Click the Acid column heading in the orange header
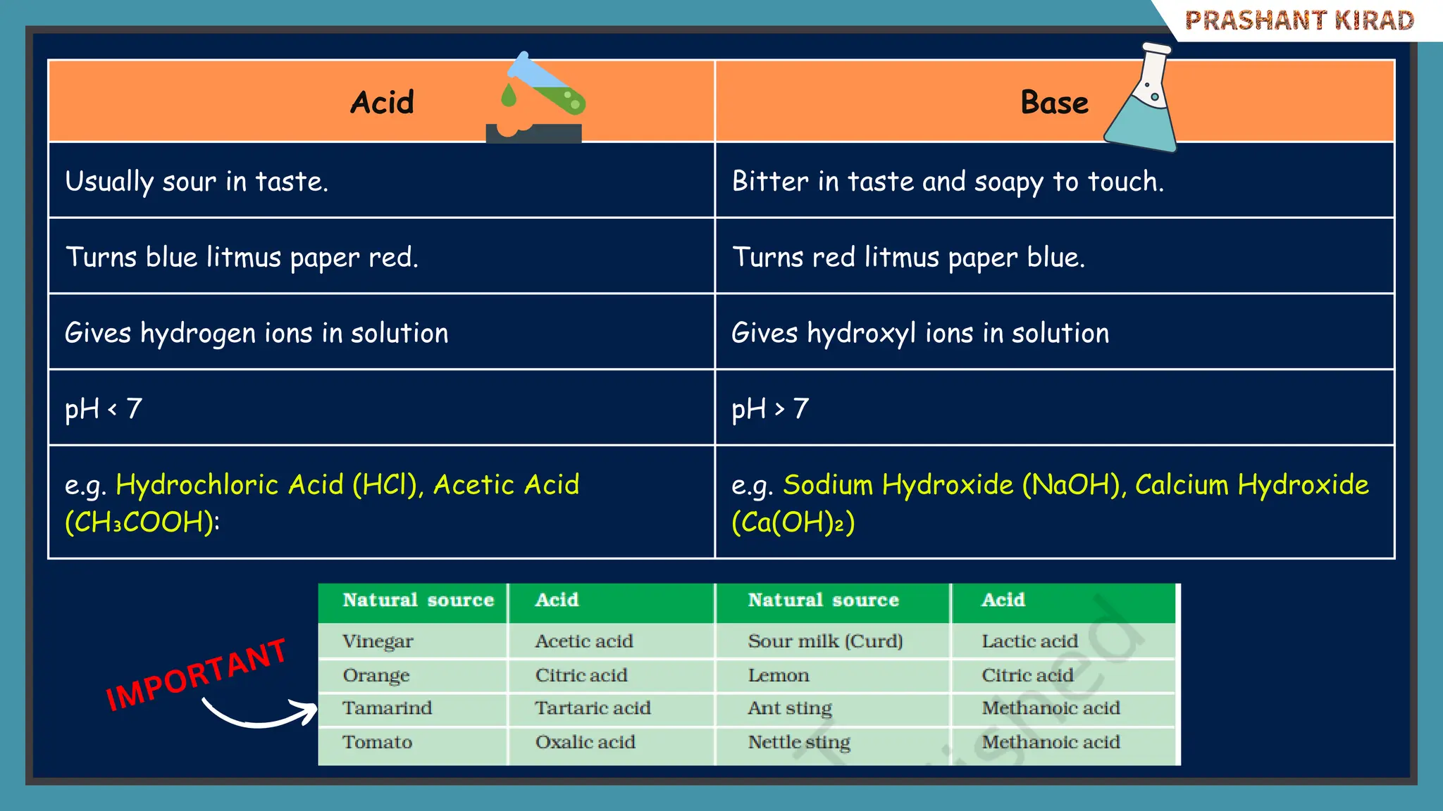tap(382, 103)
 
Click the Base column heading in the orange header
tap(1054, 103)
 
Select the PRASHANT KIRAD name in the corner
tap(1299, 20)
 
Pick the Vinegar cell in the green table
tap(378, 641)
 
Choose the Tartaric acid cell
tap(593, 708)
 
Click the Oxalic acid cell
tap(585, 742)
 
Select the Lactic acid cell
tap(1029, 641)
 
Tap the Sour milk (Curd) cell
tap(825, 641)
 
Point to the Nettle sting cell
tap(799, 742)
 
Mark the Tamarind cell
tap(387, 708)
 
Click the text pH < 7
tap(104, 409)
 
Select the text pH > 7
tap(770, 409)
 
